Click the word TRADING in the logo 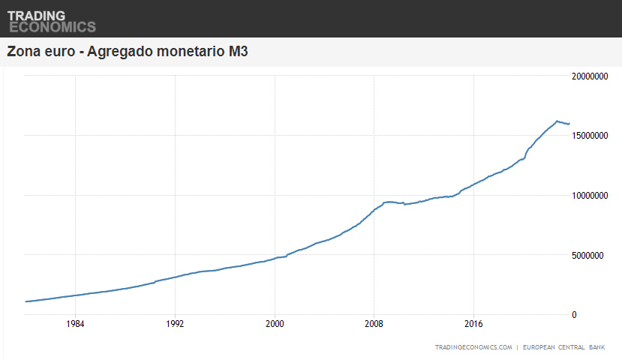[x=36, y=15]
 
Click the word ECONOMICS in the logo [x=52, y=27]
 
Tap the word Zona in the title [x=23, y=52]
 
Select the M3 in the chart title [x=238, y=52]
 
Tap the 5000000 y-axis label [x=592, y=255]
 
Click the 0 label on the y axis [x=574, y=315]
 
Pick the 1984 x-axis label [x=75, y=325]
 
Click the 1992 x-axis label [x=175, y=325]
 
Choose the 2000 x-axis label [x=275, y=325]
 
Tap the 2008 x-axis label [x=374, y=325]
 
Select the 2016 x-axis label [x=474, y=325]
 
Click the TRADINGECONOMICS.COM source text [x=473, y=347]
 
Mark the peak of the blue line [x=557, y=120]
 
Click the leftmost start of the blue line [x=26, y=301]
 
